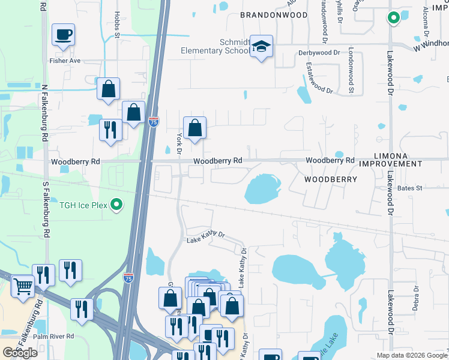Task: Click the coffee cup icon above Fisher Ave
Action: click(x=63, y=35)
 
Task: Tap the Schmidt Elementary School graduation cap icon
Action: click(x=261, y=47)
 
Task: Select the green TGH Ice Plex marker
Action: click(x=118, y=205)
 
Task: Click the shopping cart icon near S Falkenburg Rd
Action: click(x=23, y=286)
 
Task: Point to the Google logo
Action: click(x=20, y=353)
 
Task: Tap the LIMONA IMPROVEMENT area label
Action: click(x=390, y=159)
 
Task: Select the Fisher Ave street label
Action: click(x=66, y=61)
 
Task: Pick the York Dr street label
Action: click(x=178, y=144)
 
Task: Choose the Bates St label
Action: click(x=410, y=188)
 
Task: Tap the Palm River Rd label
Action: click(x=53, y=336)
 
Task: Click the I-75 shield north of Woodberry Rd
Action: click(x=154, y=122)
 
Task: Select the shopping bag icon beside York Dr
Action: click(x=194, y=128)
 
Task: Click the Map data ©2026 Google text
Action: click(x=411, y=355)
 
